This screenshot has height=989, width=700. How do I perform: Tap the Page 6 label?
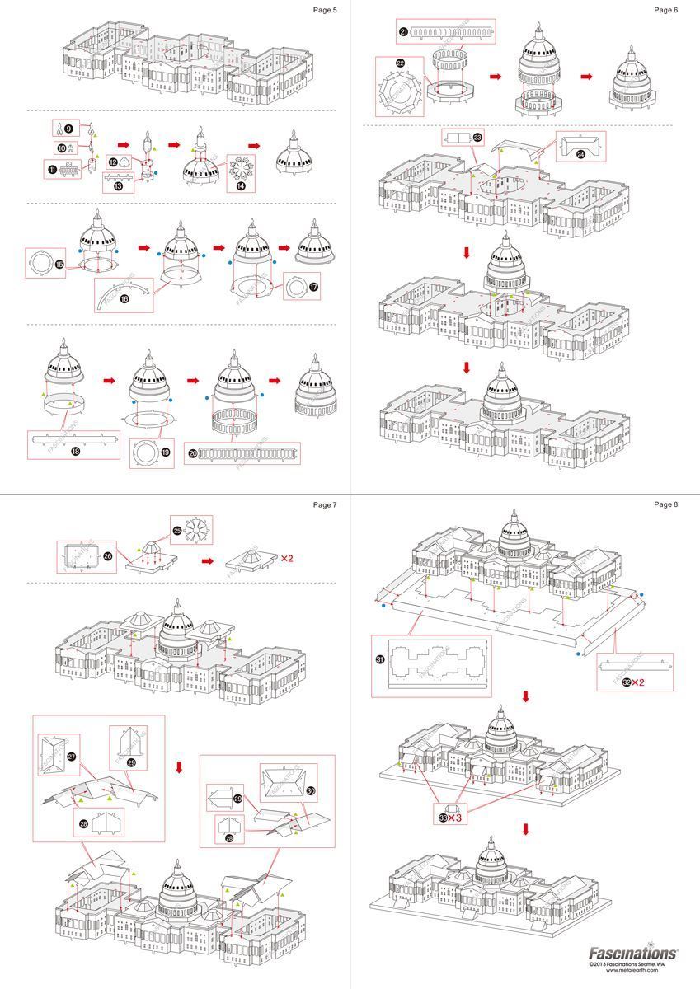pyautogui.click(x=665, y=10)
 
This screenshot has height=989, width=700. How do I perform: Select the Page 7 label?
pyautogui.click(x=325, y=504)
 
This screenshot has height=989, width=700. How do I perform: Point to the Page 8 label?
pyautogui.click(x=665, y=504)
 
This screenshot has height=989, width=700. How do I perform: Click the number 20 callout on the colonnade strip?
pyautogui.click(x=191, y=453)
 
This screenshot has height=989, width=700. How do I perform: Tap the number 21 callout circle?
pyautogui.click(x=404, y=32)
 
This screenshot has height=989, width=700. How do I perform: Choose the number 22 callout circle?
pyautogui.click(x=401, y=63)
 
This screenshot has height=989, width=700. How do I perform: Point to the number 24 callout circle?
pyautogui.click(x=580, y=153)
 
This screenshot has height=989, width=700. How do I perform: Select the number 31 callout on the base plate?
pyautogui.click(x=381, y=659)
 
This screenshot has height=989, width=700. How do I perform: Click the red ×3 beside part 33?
pyautogui.click(x=454, y=818)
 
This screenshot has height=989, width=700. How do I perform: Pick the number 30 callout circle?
pyautogui.click(x=311, y=790)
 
